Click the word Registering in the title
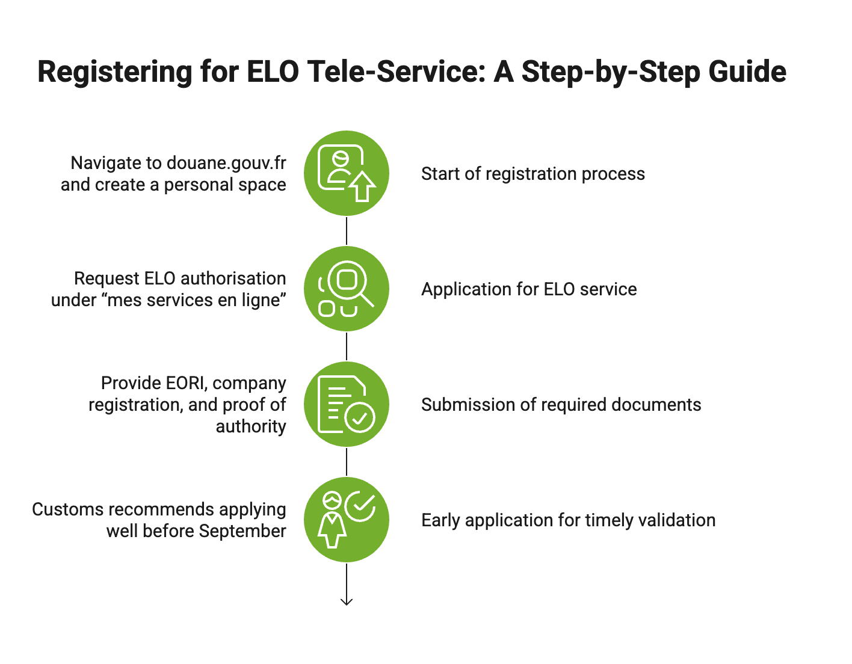(x=114, y=72)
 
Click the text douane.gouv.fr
(x=226, y=164)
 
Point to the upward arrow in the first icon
(x=362, y=186)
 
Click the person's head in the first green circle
(x=341, y=159)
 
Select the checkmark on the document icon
(x=360, y=418)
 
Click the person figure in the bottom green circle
(x=332, y=520)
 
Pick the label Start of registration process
(x=533, y=174)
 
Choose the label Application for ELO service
(x=529, y=289)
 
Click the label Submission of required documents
(x=561, y=405)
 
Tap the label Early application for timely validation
(x=568, y=520)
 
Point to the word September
(x=242, y=532)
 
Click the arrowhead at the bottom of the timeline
(x=347, y=601)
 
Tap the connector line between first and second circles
(x=347, y=231)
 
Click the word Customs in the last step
(x=67, y=509)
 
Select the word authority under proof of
(x=251, y=426)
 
